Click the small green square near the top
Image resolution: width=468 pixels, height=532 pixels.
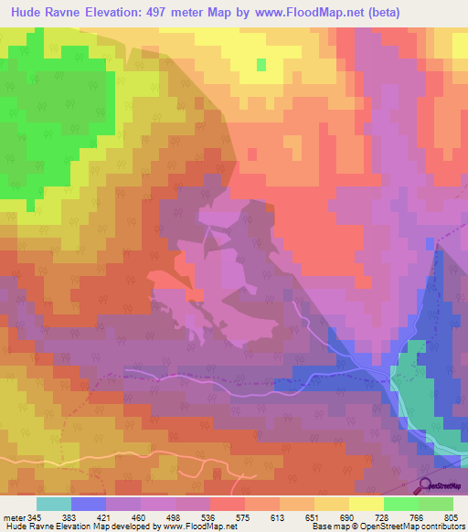262,64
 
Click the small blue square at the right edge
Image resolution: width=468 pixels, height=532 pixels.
431,243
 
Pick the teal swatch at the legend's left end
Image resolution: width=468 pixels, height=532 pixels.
54,505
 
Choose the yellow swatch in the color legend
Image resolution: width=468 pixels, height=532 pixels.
367,505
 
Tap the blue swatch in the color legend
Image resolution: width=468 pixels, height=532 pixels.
89,505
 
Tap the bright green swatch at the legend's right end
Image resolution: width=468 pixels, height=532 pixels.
436,505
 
